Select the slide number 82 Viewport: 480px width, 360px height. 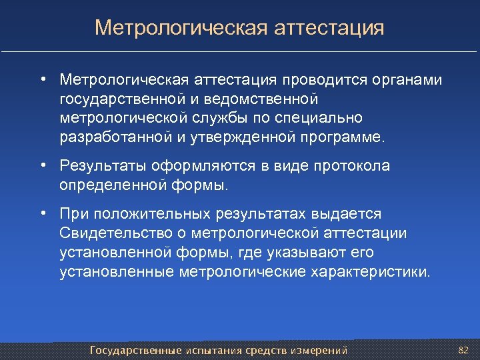pos(464,349)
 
